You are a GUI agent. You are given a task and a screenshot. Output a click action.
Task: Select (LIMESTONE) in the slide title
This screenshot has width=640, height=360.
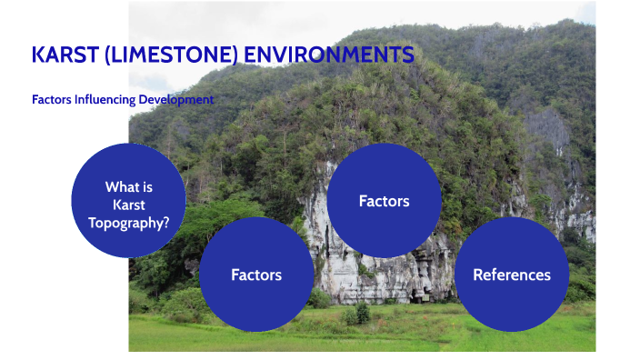(169, 55)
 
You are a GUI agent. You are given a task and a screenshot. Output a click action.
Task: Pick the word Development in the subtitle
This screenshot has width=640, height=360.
(176, 100)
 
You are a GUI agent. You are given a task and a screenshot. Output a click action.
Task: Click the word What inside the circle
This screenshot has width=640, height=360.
(122, 187)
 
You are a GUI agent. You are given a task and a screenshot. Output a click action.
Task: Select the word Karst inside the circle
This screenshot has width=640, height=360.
(128, 205)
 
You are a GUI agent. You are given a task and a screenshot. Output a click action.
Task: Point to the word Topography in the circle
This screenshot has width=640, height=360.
(125, 222)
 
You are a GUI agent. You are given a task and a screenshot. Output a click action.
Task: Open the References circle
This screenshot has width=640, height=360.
(511, 274)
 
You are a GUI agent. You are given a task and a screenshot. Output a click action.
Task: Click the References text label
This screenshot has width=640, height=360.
(511, 275)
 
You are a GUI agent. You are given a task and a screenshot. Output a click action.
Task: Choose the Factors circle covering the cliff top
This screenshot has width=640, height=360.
(384, 200)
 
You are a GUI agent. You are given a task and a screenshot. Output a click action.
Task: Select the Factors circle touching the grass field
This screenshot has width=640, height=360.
(256, 274)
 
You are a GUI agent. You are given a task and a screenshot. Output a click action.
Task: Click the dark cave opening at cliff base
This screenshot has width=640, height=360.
(420, 295)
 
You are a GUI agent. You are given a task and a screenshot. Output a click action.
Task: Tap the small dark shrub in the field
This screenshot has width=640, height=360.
(363, 314)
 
